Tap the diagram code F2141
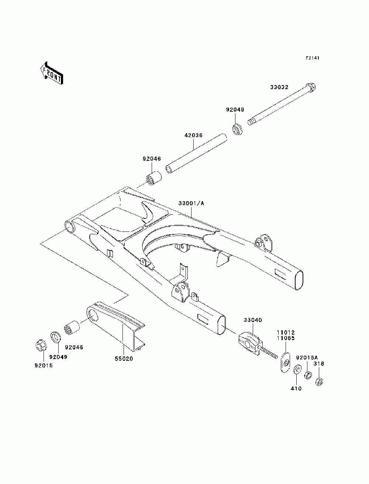tap(312, 58)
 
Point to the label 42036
tap(194, 135)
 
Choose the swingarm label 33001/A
tap(191, 203)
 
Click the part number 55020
tap(124, 359)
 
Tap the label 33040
tap(252, 320)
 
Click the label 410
tap(296, 388)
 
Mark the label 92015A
tap(307, 358)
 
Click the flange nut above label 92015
tap(40, 346)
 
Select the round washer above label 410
tap(297, 371)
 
